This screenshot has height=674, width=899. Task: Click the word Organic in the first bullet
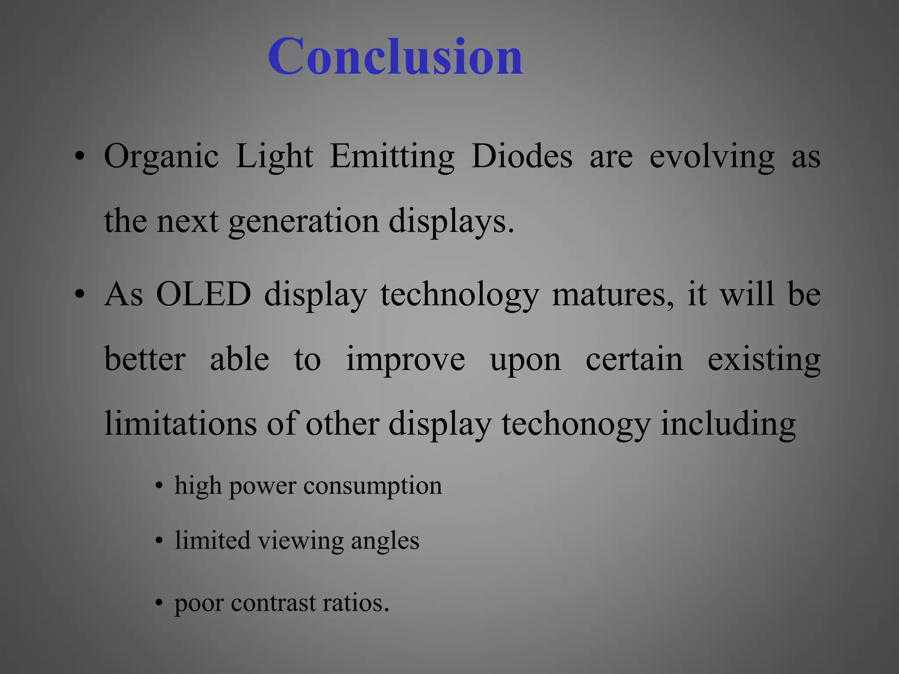click(x=161, y=157)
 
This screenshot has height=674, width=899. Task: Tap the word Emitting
click(x=392, y=157)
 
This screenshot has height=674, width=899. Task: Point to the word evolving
click(x=712, y=157)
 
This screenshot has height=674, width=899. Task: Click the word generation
click(x=303, y=222)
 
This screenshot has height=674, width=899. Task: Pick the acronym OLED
click(x=204, y=294)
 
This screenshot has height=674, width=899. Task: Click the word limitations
click(x=180, y=424)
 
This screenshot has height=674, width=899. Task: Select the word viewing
click(x=301, y=541)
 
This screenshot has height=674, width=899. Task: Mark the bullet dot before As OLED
click(x=79, y=295)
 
